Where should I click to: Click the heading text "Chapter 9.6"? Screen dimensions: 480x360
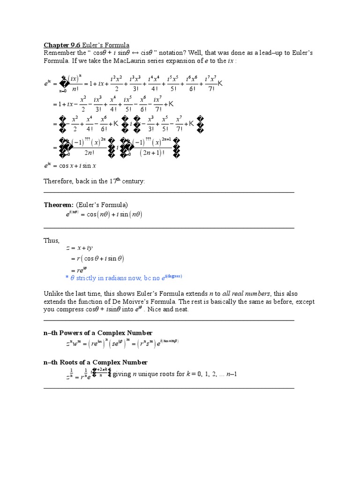[62, 45]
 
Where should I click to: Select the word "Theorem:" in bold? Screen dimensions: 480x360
[59, 205]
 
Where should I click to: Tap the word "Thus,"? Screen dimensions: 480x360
[52, 240]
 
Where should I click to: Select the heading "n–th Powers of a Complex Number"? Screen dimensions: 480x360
[98, 332]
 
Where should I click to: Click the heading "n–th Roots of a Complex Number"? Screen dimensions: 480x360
[96, 362]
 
